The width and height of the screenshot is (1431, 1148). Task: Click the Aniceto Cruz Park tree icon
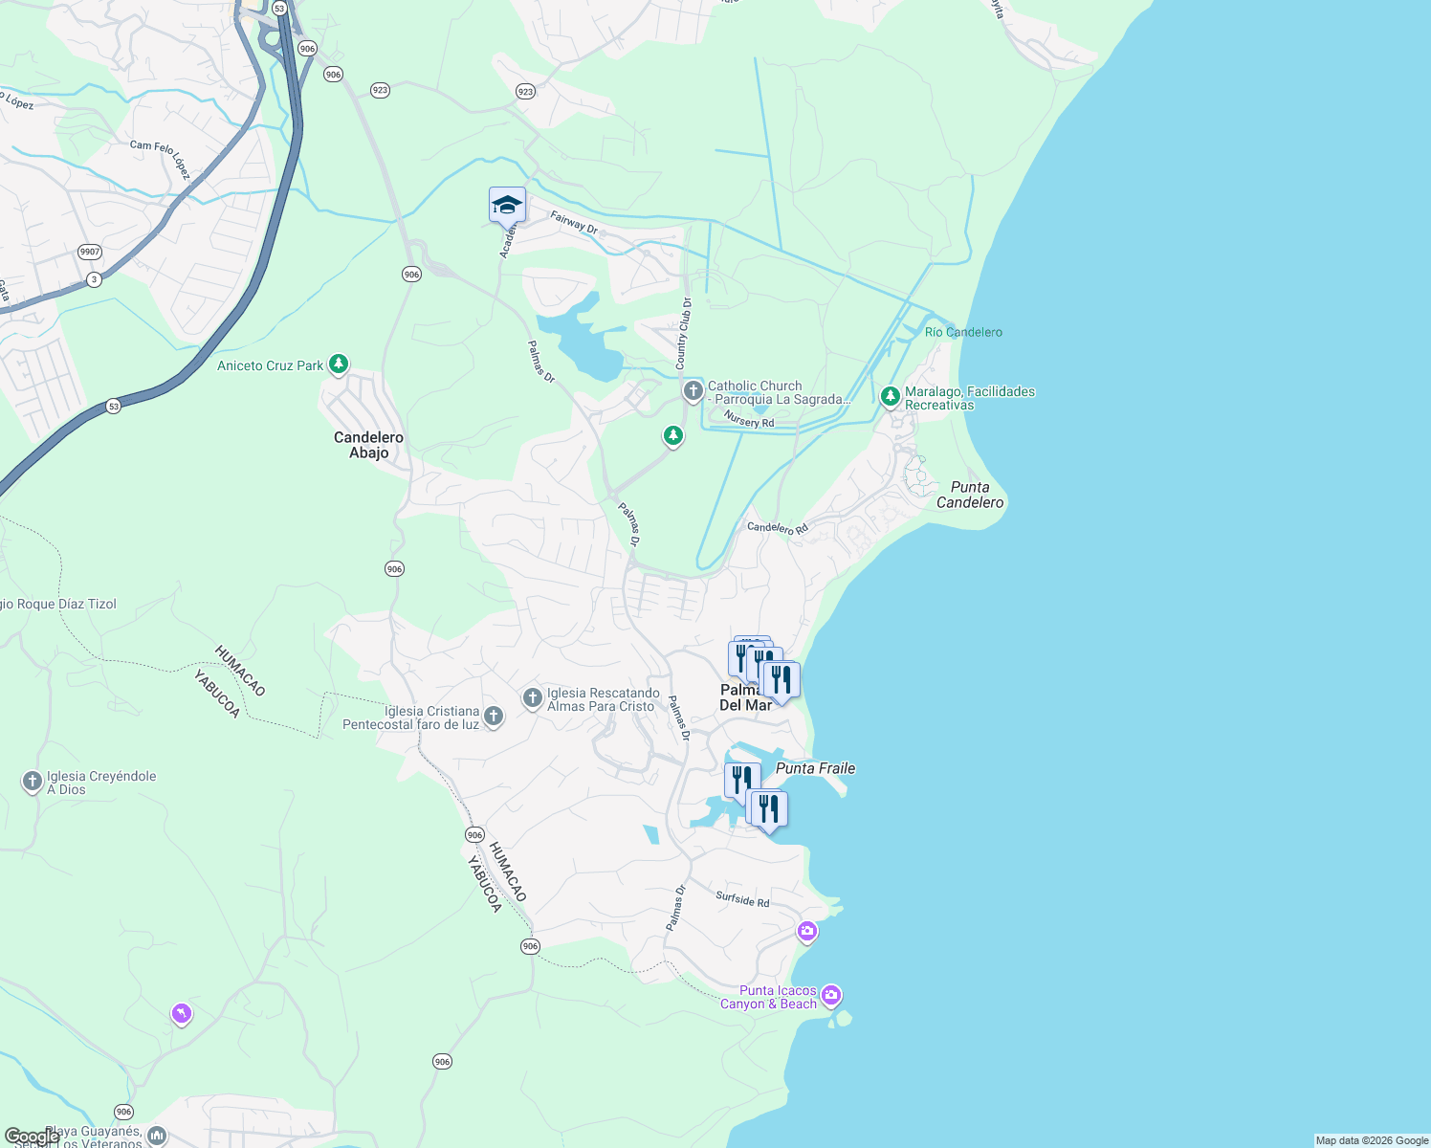[338, 364]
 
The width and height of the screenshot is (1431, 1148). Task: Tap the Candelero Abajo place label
[368, 445]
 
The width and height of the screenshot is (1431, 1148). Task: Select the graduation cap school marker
[507, 205]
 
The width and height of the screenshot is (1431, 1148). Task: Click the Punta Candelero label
[970, 495]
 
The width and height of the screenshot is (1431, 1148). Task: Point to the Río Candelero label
[963, 332]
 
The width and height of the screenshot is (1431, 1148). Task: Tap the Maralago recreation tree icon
[890, 396]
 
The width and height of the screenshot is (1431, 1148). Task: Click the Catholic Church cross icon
[693, 390]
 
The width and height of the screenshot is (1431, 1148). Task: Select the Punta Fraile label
[815, 768]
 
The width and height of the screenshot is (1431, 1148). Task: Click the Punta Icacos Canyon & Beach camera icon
[830, 995]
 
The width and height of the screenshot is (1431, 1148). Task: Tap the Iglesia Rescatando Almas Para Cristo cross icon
[532, 698]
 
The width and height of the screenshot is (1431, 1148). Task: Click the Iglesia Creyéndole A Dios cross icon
[32, 782]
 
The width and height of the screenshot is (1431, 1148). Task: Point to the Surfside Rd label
[742, 899]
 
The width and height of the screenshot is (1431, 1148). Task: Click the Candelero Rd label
[777, 528]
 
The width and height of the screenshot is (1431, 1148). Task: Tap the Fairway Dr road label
[574, 223]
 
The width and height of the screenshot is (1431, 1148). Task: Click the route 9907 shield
[90, 252]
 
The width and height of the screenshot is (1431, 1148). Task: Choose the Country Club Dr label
[683, 334]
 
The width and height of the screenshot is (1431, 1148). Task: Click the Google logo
[32, 1137]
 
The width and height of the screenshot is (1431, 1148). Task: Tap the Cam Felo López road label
[160, 159]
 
